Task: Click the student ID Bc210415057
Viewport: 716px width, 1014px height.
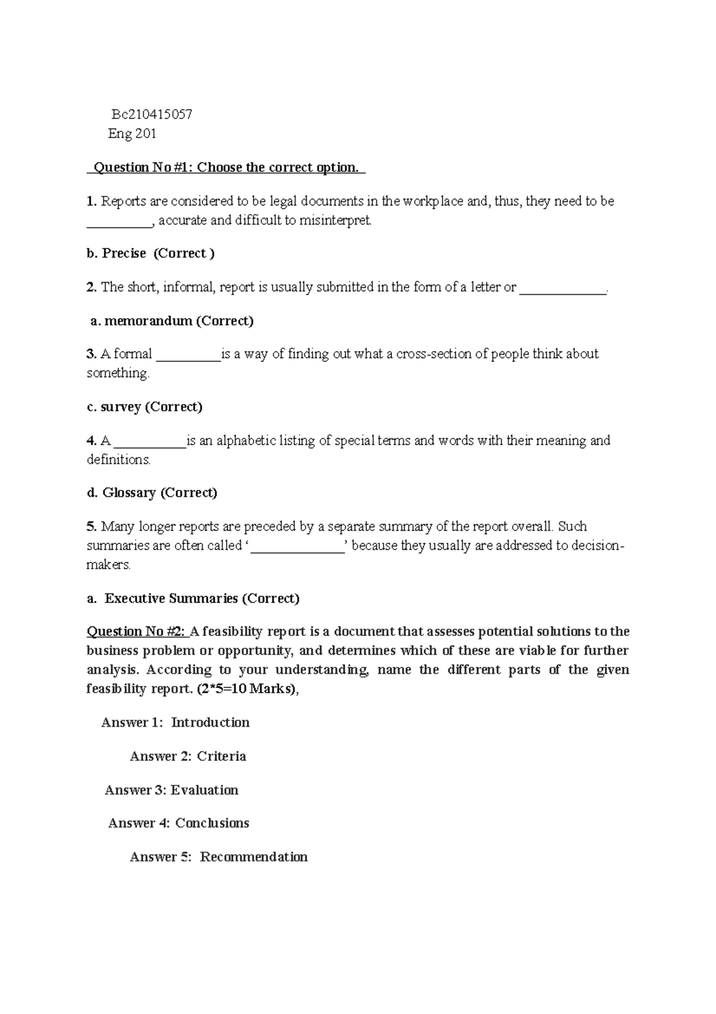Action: [x=152, y=114]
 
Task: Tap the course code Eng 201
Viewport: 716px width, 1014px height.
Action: [x=132, y=134]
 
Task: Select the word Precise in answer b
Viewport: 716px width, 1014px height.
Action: [x=124, y=253]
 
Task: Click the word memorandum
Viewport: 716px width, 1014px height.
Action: [x=148, y=321]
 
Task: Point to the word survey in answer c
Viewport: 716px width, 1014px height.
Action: [x=121, y=407]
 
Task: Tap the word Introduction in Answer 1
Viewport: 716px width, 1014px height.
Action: [x=210, y=723]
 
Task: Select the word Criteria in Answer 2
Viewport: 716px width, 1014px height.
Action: [x=221, y=757]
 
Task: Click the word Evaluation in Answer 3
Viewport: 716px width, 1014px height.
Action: [x=204, y=790]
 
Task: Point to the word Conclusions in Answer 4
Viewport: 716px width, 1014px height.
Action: [x=212, y=823]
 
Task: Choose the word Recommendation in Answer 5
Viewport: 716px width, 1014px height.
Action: [x=254, y=857]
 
